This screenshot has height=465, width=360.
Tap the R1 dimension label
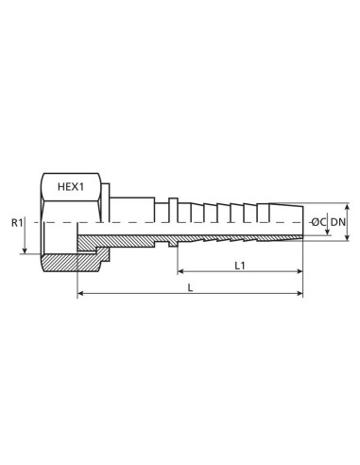(17, 223)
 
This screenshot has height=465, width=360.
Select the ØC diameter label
(317, 222)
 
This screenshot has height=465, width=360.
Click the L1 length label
(242, 266)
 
